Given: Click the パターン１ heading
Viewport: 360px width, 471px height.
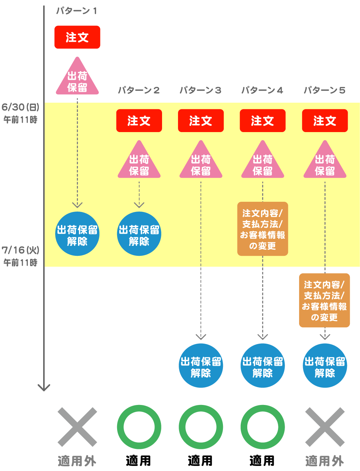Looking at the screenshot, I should (x=76, y=11).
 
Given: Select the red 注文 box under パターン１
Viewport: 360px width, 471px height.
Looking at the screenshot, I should (x=77, y=37).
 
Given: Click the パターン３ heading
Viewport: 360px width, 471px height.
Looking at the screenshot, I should (x=200, y=90).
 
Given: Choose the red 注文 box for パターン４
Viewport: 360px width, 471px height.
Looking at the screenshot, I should (x=262, y=121).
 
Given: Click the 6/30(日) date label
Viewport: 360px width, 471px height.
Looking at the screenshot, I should (x=20, y=107).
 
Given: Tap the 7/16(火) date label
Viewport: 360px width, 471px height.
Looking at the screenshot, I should (x=20, y=250).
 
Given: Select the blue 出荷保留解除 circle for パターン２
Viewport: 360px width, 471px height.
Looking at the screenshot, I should (x=139, y=234).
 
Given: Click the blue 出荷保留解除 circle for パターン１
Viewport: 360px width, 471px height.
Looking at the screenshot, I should (x=77, y=234).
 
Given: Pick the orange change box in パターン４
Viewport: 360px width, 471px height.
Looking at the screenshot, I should (x=262, y=229).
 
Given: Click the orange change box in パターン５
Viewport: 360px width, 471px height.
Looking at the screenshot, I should (x=324, y=300).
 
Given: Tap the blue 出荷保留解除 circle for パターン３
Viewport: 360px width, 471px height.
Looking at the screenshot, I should (x=201, y=366).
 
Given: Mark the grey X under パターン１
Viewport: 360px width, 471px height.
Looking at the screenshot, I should (x=77, y=427).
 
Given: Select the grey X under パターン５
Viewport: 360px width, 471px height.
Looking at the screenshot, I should (x=325, y=427).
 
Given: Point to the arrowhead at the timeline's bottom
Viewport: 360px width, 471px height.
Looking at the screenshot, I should (x=44, y=388).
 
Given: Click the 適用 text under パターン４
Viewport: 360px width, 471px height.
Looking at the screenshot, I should (x=262, y=461).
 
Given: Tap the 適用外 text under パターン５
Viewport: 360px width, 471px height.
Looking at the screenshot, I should (x=324, y=461).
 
